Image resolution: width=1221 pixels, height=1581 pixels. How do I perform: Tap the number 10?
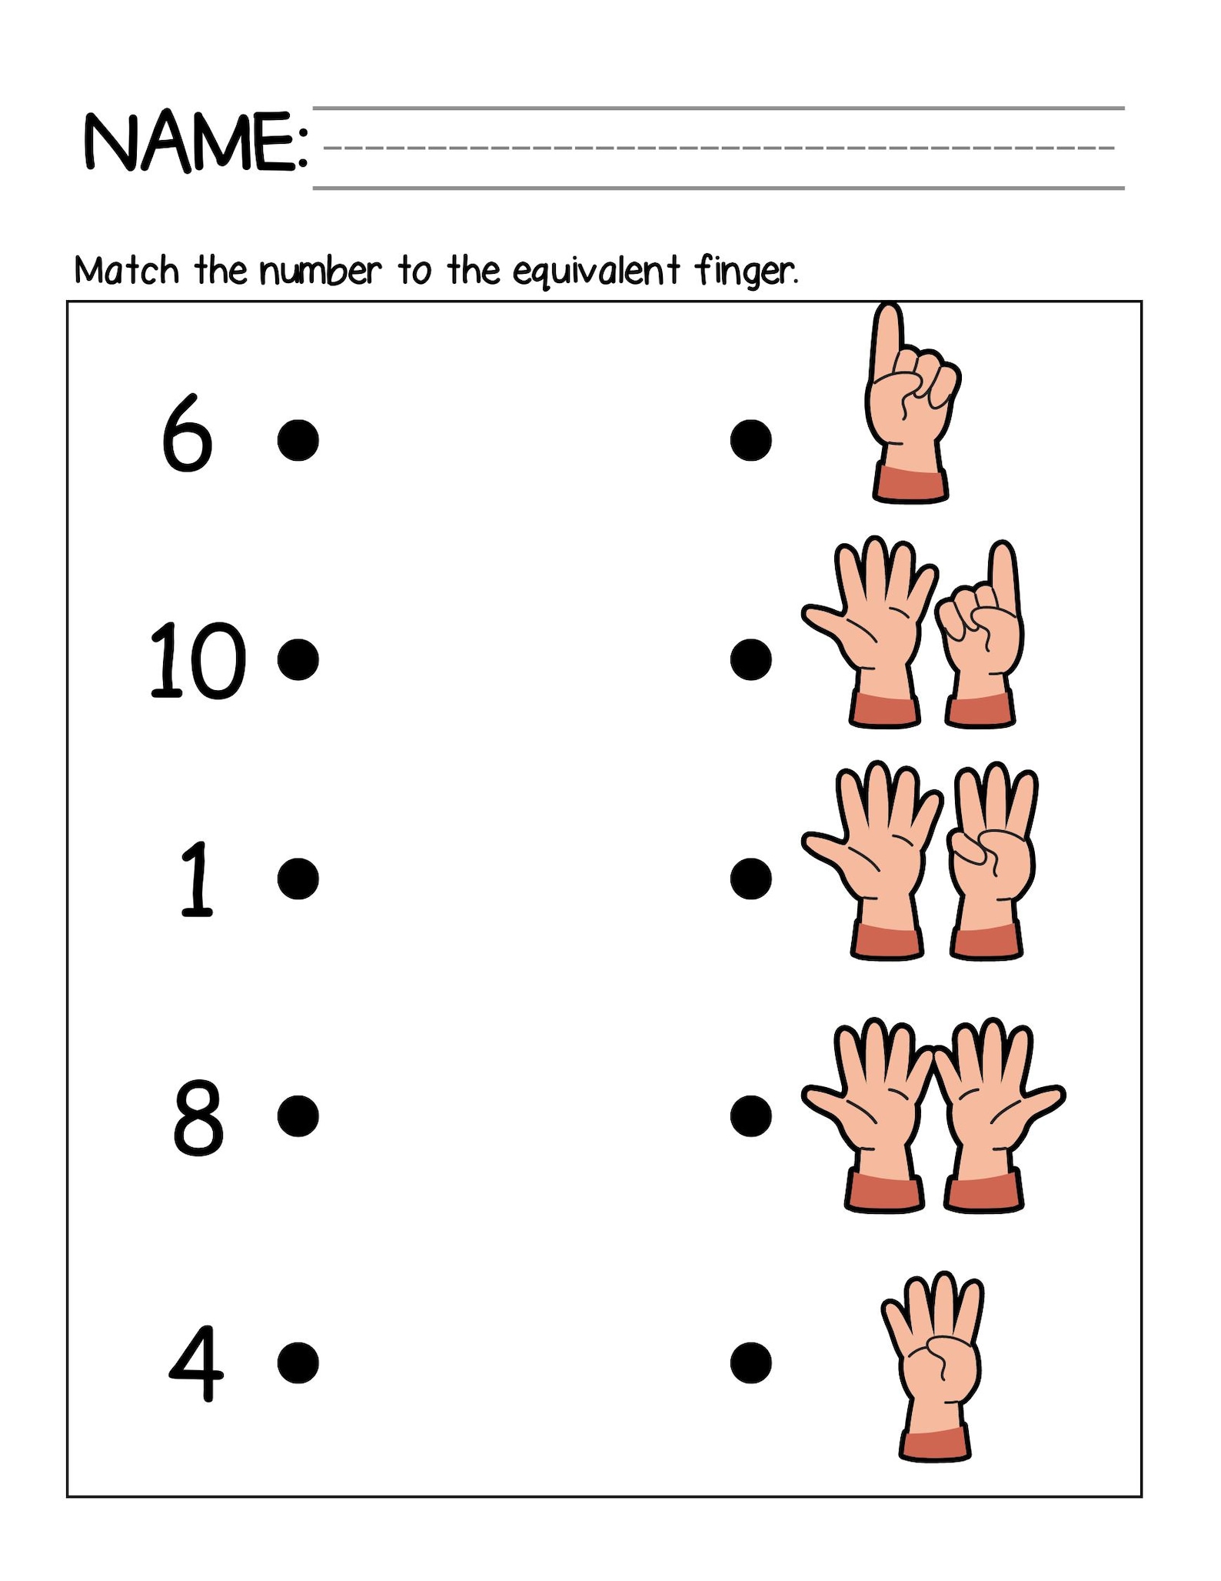click(197, 660)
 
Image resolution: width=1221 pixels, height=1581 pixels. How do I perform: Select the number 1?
click(196, 879)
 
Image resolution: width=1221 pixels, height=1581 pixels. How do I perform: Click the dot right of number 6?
click(298, 440)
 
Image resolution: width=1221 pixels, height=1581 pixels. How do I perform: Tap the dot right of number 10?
click(298, 660)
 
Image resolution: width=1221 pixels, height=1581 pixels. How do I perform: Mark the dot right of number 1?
click(298, 879)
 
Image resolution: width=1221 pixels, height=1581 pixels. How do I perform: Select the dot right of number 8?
click(298, 1116)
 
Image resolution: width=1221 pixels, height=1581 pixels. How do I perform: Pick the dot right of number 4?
click(298, 1363)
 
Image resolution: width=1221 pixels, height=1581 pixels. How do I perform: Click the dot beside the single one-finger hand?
click(750, 440)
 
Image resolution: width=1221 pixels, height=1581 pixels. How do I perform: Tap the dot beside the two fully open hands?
click(750, 1116)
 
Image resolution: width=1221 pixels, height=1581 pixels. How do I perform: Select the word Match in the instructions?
click(127, 271)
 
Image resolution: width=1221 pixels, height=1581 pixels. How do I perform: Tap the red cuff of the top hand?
click(910, 485)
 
